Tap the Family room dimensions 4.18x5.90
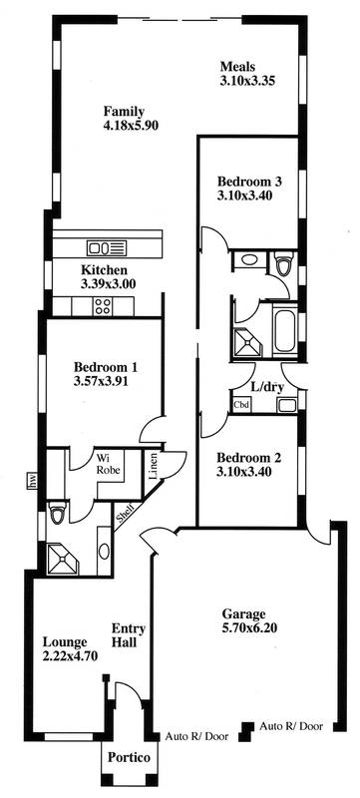(125, 126)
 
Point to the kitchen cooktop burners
(103, 307)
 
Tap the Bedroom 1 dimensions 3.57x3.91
(105, 380)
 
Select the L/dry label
(267, 385)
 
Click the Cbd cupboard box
(241, 405)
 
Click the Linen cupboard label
(153, 467)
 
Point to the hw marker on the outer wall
(33, 483)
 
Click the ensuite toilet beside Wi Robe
(58, 514)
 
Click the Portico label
(131, 760)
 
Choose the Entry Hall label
(129, 634)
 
